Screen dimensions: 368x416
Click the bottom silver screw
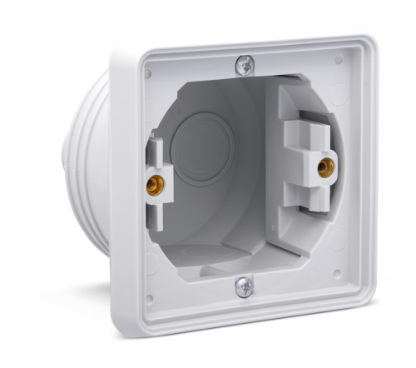click(242, 285)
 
